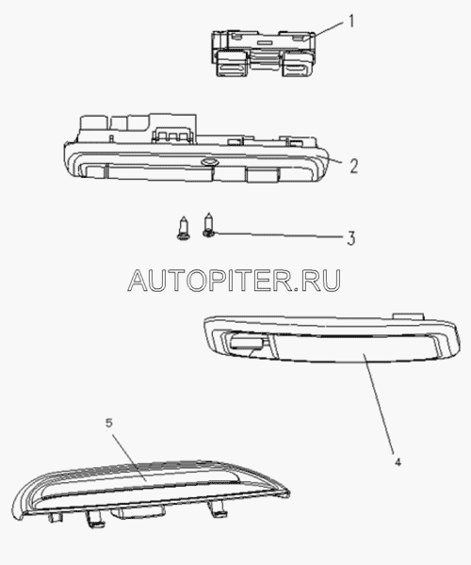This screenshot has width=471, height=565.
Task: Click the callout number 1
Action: [x=351, y=21]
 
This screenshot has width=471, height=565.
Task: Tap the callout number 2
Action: [x=353, y=166]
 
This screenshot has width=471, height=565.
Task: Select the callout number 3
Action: [x=351, y=238]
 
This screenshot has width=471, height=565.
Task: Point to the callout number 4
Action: [x=398, y=462]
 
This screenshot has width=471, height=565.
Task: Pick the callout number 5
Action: [x=109, y=423]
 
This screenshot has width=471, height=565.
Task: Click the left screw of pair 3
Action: [x=184, y=228]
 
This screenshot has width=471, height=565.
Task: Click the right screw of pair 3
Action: [x=208, y=225]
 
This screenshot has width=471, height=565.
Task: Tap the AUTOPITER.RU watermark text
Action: [x=235, y=281]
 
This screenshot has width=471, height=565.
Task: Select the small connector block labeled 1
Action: [x=264, y=54]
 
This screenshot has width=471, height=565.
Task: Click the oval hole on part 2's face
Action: [x=208, y=162]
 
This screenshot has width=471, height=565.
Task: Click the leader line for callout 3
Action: [x=278, y=234]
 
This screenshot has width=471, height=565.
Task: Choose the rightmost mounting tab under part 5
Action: [x=216, y=508]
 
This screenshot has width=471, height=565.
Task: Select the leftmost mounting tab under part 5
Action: [x=56, y=518]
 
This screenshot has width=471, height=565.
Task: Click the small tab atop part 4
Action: [x=408, y=316]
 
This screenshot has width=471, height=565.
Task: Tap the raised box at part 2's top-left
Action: [x=93, y=123]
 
